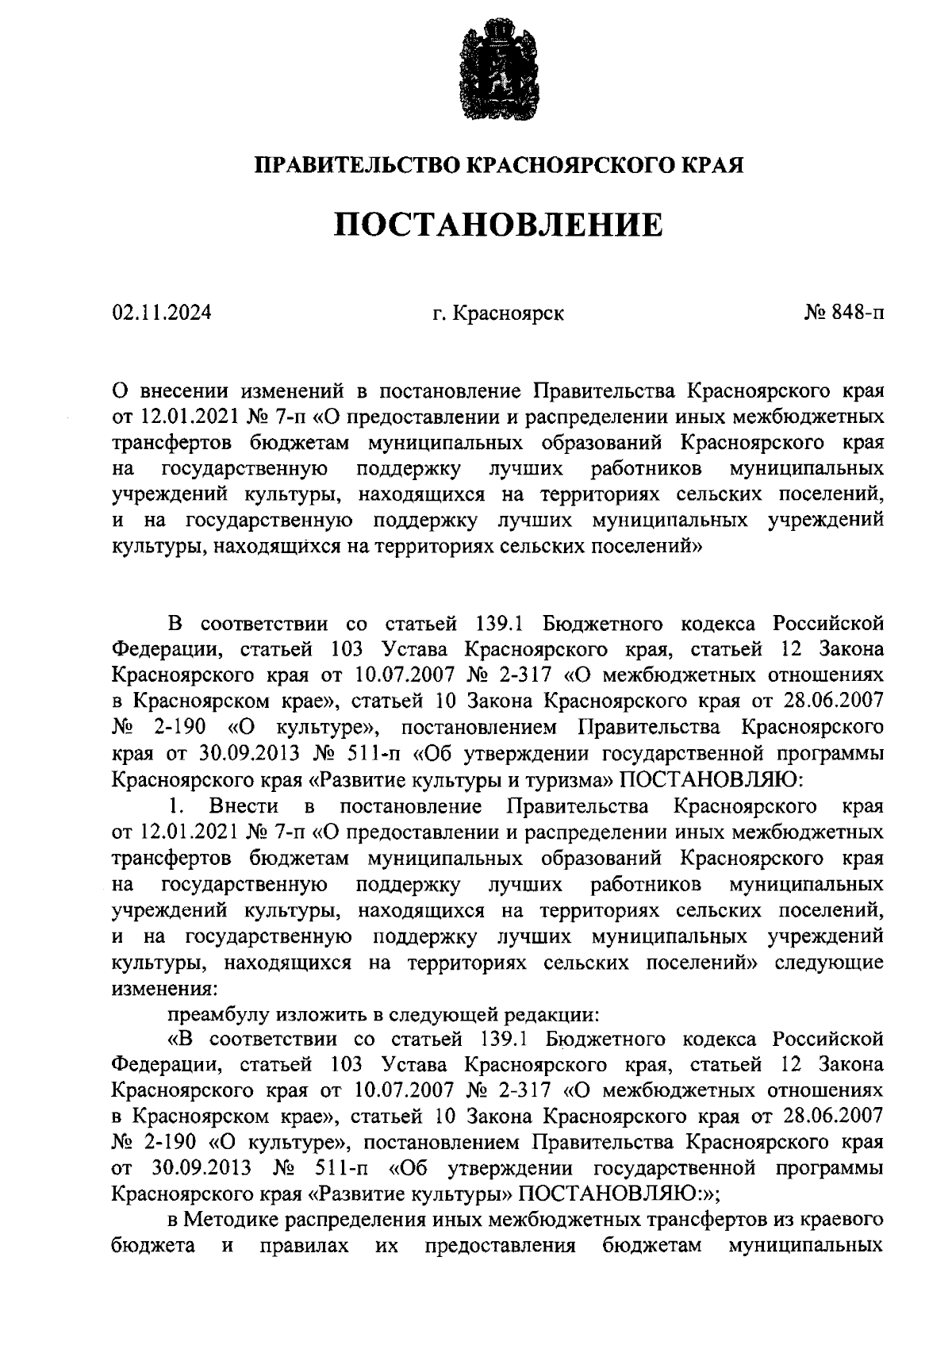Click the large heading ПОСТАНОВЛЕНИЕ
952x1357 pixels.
coord(497,225)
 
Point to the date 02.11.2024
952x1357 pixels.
coord(162,313)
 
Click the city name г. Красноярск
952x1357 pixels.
coord(498,313)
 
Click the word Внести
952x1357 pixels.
coord(244,806)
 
